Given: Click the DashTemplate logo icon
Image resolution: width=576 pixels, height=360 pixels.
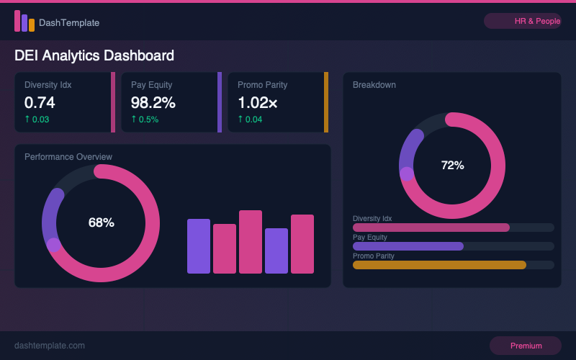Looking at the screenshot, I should pyautogui.click(x=24, y=22).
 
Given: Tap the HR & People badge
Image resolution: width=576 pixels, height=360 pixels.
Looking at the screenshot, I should pyautogui.click(x=522, y=22).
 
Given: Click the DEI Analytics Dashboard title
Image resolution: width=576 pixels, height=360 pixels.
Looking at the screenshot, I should pyautogui.click(x=94, y=55).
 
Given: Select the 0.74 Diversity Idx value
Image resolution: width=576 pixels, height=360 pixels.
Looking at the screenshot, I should pyautogui.click(x=40, y=102).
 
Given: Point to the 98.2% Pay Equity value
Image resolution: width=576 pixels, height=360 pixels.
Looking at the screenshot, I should pyautogui.click(x=153, y=102).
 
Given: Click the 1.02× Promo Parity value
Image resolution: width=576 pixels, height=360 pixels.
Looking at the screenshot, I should pyautogui.click(x=258, y=102).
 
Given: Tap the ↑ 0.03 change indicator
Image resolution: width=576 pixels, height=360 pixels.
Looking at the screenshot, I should pyautogui.click(x=37, y=120).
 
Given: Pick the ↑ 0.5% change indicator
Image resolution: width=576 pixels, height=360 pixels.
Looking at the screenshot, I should pyautogui.click(x=145, y=120).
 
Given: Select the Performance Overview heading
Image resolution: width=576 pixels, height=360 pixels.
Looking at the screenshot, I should pyautogui.click(x=68, y=157).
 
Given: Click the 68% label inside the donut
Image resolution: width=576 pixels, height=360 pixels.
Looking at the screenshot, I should pyautogui.click(x=101, y=223).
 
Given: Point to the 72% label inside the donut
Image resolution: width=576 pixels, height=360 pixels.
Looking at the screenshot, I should pyautogui.click(x=452, y=166).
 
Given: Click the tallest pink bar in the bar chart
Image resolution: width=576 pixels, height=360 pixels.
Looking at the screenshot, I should pyautogui.click(x=251, y=242).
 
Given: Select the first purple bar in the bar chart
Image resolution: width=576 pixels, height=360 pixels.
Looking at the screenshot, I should pyautogui.click(x=199, y=246).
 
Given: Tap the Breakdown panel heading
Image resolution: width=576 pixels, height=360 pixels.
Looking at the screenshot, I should pyautogui.click(x=374, y=85).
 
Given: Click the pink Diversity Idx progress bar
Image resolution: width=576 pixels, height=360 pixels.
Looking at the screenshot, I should pyautogui.click(x=431, y=228).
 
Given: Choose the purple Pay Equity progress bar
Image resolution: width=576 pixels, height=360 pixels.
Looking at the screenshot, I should pyautogui.click(x=408, y=246).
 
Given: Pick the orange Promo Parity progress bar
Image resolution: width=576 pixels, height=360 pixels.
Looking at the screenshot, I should pyautogui.click(x=439, y=265).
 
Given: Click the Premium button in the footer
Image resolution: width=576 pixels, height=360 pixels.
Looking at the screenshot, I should pyautogui.click(x=526, y=346).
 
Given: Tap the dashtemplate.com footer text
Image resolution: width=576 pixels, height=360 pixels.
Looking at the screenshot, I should pyautogui.click(x=50, y=346).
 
